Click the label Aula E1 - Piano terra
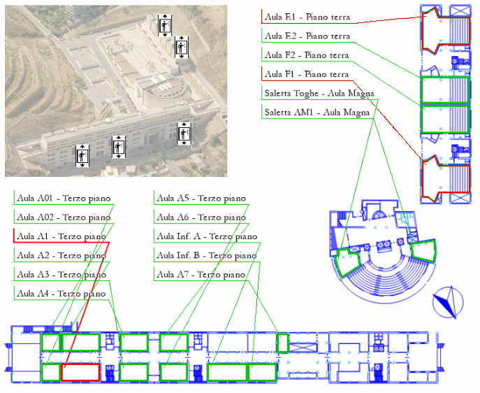tap(307, 17)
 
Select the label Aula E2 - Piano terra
tap(307, 36)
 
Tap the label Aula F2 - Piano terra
tap(307, 55)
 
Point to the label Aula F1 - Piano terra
tap(307, 74)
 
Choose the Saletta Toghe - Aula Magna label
tap(319, 93)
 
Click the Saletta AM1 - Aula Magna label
tap(318, 112)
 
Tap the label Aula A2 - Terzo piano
tap(61, 256)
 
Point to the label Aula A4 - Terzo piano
tap(61, 294)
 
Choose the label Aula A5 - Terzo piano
tap(201, 199)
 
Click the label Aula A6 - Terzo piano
tap(201, 217)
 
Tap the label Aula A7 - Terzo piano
tap(201, 275)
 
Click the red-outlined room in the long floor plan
tap(80, 372)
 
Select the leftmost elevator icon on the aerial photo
tap(82, 155)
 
